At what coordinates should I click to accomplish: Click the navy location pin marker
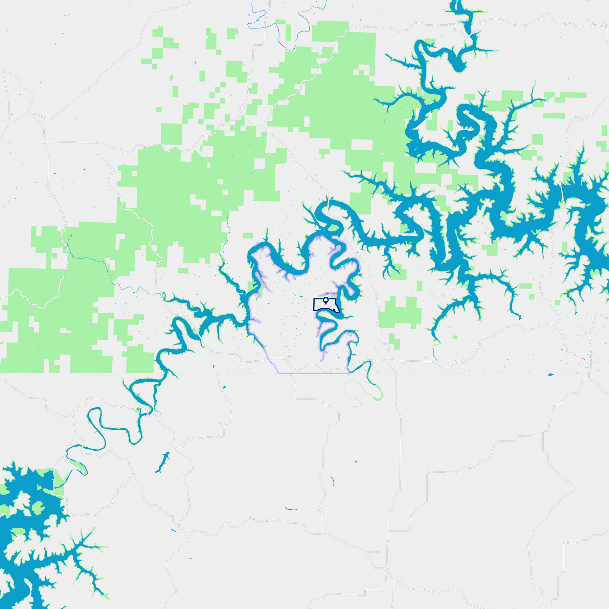click(x=325, y=300)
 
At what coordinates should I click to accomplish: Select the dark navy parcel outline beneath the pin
click(x=314, y=304)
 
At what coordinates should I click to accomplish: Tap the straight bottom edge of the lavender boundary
click(x=313, y=373)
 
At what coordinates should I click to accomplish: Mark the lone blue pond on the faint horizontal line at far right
click(x=550, y=375)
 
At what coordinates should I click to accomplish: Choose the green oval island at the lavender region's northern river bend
click(x=333, y=228)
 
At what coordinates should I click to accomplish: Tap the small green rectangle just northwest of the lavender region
click(x=248, y=235)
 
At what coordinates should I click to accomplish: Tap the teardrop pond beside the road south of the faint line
click(x=224, y=387)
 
